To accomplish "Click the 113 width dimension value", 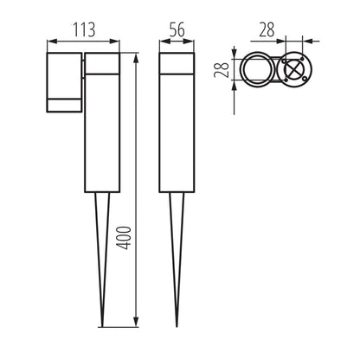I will tap(83, 28).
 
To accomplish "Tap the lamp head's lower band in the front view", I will tap(63, 106).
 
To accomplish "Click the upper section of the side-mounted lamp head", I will tap(63, 74).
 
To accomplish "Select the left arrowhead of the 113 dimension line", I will tap(48, 40).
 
